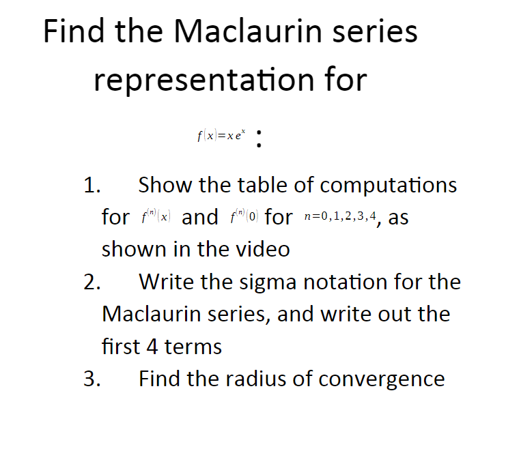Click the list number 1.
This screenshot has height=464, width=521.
tap(91, 185)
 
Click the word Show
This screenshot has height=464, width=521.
tap(167, 185)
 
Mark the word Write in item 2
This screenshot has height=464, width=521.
tap(168, 282)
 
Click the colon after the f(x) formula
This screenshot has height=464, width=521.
tap(258, 139)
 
